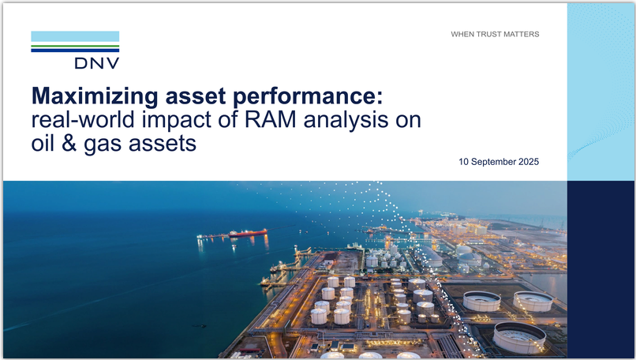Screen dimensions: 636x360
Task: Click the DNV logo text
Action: pyautogui.click(x=97, y=63)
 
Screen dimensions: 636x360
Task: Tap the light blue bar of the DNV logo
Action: pyautogui.click(x=75, y=36)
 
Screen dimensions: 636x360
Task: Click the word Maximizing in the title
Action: pyautogui.click(x=95, y=96)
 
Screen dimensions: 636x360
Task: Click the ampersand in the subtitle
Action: pyautogui.click(x=69, y=143)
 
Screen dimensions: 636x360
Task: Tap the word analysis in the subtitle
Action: pyautogui.click(x=346, y=120)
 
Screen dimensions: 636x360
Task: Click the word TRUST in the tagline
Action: pyautogui.click(x=488, y=35)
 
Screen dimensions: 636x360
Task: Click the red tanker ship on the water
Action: pyautogui.click(x=248, y=233)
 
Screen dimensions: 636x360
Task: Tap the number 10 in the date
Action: pyautogui.click(x=463, y=162)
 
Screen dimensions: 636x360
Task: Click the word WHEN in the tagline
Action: pyautogui.click(x=462, y=35)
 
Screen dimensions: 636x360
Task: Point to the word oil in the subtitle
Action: pyautogui.click(x=43, y=143)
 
